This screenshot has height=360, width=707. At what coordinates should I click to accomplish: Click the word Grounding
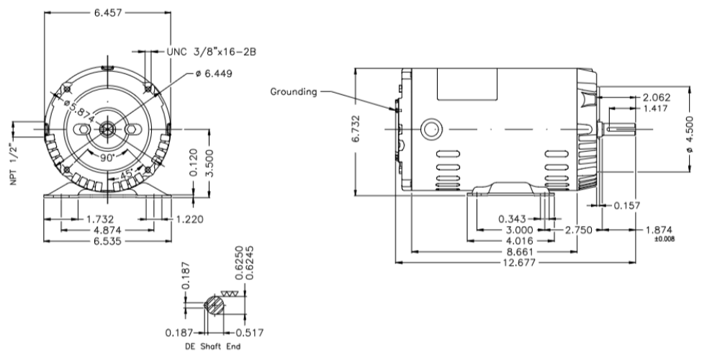coord(294,91)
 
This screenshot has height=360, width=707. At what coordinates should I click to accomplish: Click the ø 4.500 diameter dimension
coord(692,133)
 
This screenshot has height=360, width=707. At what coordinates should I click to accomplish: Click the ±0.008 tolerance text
coord(664,238)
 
